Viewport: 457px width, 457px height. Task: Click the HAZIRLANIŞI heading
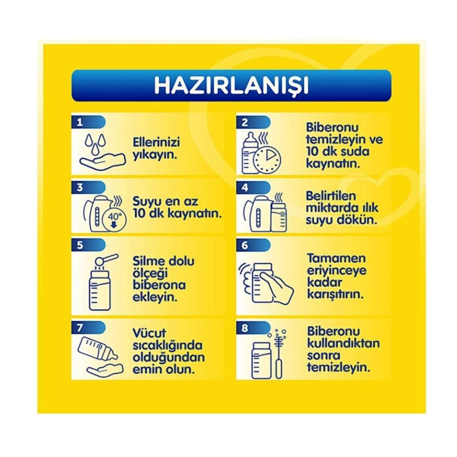point(231,85)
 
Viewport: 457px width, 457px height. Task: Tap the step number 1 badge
point(88,122)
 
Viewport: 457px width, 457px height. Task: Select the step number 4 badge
point(253,188)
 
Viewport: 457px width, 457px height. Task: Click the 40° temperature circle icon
point(114,220)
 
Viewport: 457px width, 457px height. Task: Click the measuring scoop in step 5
point(106,259)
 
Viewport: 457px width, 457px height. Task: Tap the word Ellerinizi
point(156,142)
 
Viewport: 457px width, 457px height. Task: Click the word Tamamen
point(337,258)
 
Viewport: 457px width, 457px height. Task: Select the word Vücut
point(149,333)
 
